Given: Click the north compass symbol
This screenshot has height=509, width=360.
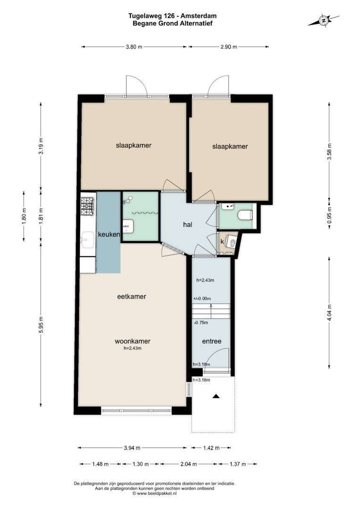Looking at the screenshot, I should coord(323,21).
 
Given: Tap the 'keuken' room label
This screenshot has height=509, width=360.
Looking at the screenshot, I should coord(109,234).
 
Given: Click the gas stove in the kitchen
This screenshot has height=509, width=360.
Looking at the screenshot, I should coord(88,206).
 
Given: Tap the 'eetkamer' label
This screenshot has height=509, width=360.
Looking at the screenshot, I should coord(131,296).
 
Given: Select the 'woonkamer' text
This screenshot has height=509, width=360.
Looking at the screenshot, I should coord(132,341).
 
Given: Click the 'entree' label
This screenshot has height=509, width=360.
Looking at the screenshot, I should coord(212,341).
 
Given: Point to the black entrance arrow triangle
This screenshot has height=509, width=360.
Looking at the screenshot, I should coord(216,396).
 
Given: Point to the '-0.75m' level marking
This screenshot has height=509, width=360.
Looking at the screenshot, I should coord(202,323).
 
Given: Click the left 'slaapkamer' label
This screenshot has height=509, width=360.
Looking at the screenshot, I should coord(133,145).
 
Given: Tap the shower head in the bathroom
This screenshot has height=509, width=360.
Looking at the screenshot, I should coord(125,202).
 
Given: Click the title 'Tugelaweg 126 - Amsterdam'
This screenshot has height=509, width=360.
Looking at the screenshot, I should coord(172,16).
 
